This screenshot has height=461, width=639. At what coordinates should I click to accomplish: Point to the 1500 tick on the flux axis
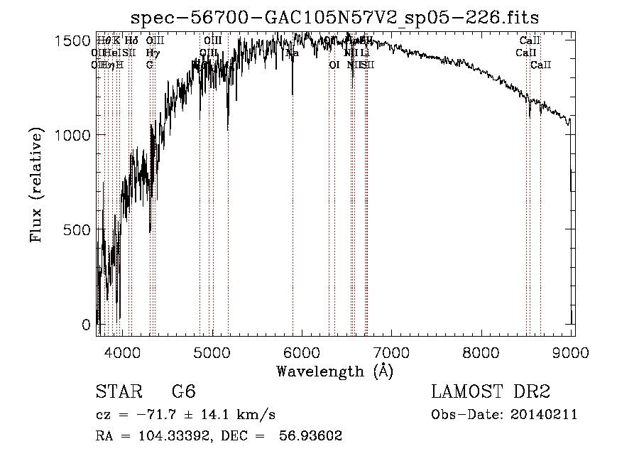[x=71, y=41]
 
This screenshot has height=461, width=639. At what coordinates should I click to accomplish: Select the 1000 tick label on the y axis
[x=71, y=136]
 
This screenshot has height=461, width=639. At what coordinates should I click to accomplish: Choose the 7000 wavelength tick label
[x=392, y=352]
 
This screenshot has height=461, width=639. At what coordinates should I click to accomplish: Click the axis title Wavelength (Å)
[x=334, y=371]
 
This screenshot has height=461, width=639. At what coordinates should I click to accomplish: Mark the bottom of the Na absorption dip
[x=293, y=94]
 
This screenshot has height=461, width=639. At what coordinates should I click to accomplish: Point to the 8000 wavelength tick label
[x=482, y=352]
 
